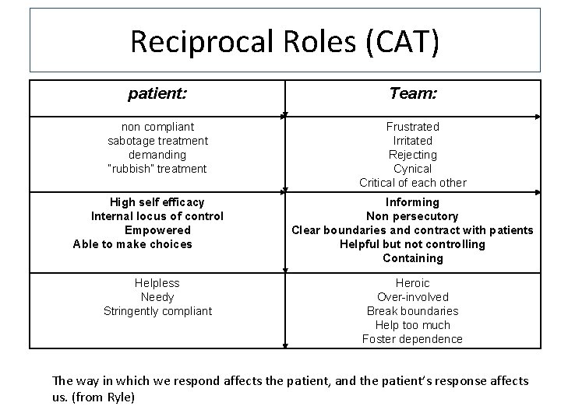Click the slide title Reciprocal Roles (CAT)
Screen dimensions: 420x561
[x=284, y=40]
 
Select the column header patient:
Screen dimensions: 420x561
[x=157, y=94]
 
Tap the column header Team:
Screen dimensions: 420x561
[x=412, y=94]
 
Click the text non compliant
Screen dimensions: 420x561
[x=157, y=127]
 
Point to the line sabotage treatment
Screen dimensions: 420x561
[x=157, y=141]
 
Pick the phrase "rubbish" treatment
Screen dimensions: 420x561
[x=157, y=169]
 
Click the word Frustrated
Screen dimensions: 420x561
[x=412, y=127]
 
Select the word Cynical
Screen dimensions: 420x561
[x=412, y=169]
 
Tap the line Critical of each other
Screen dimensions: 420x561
[x=412, y=183]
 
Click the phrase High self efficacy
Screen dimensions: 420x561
[x=157, y=202]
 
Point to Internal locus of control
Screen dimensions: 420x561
[x=157, y=216]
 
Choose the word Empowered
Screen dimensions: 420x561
[x=157, y=230]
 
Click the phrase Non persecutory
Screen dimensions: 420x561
[x=412, y=216]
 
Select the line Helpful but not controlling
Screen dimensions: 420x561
[x=412, y=244]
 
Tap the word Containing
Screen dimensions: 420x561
[x=412, y=258]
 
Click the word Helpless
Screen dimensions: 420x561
[x=157, y=283]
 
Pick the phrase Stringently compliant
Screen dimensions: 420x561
[x=157, y=311]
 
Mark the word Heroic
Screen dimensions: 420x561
[x=412, y=283]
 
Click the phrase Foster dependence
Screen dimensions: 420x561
[x=412, y=339]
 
